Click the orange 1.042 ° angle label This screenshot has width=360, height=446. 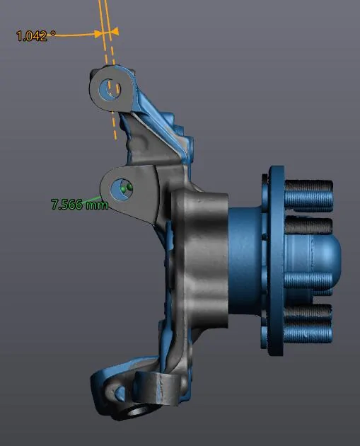click(x=36, y=36)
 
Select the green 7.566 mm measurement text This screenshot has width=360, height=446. click(x=79, y=204)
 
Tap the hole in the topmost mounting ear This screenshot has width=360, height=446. click(x=110, y=88)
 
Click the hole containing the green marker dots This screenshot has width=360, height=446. click(x=122, y=189)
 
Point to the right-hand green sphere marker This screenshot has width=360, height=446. click(x=129, y=187)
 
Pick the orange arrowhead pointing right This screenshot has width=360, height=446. click(x=98, y=34)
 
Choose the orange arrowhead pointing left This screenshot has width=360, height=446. click(x=115, y=31)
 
